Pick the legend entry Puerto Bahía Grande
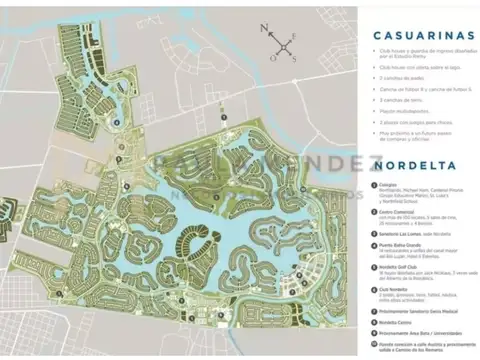pyautogui.click(x=405, y=246)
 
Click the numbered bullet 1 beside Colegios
pyautogui.click(x=373, y=184)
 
